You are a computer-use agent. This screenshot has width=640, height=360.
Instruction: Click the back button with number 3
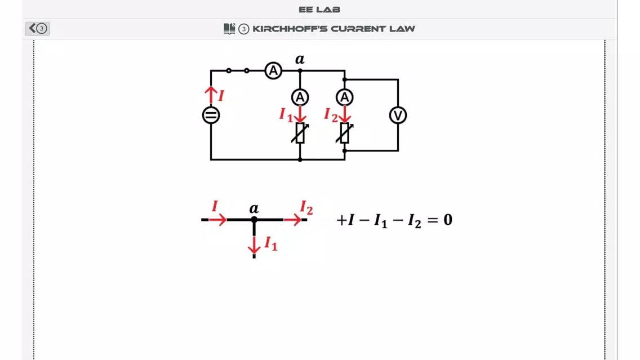coord(38,28)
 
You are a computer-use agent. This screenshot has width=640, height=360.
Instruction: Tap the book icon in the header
coord(229,29)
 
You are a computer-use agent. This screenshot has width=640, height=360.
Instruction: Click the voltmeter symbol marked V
coord(398,115)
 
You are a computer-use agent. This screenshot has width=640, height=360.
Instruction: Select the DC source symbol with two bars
coord(211,115)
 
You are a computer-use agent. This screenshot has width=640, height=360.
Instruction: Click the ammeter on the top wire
coord(273,70)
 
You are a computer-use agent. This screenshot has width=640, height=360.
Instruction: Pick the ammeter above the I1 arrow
coord(300,97)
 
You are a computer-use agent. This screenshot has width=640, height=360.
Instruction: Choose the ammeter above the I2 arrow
coord(344,97)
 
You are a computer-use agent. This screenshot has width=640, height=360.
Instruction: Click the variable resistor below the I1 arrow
coord(300,133)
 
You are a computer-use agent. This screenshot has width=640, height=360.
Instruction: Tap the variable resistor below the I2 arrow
coord(344,133)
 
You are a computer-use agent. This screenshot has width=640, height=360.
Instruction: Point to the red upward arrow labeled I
coord(211,95)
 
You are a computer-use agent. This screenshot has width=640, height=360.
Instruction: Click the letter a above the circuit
coord(300,60)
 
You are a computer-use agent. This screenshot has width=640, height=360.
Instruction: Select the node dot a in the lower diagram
coord(254,220)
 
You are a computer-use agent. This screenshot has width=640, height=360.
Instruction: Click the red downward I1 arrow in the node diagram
coord(254,245)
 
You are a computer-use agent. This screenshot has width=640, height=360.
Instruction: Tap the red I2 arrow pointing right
coord(292,220)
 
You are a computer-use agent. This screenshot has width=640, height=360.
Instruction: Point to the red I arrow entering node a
coord(217,220)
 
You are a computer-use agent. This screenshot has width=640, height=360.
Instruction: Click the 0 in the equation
coord(448,220)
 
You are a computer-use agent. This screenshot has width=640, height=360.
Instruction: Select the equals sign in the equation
coord(432,220)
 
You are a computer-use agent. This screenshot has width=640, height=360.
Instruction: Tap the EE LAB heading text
coord(319,10)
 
